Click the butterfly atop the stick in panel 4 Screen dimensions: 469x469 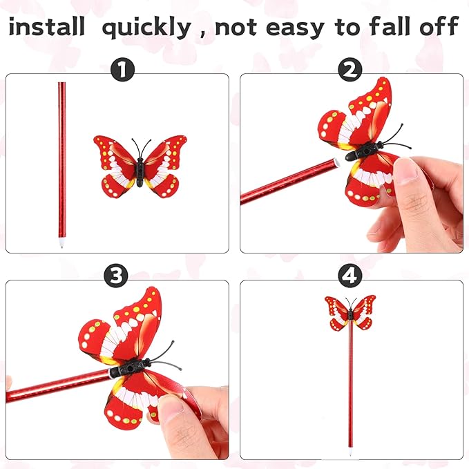click(x=350, y=313)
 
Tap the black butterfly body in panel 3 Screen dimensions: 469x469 click(x=130, y=367)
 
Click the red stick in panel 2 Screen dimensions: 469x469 click(x=283, y=182)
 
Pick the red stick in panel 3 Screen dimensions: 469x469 click(x=55, y=386)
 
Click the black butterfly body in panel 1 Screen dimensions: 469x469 click(x=140, y=168)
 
